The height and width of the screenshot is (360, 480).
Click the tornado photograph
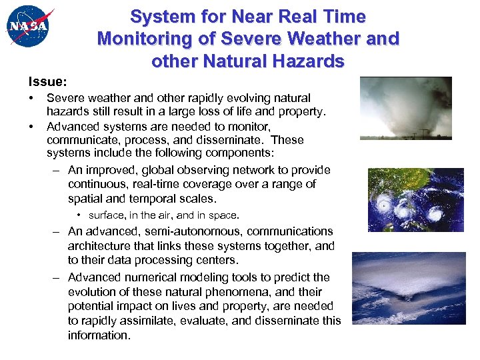point(405,108)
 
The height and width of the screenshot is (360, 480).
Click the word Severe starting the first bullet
point(65,98)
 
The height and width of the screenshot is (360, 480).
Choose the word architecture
point(100,246)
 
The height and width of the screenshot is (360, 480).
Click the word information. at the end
point(99,335)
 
